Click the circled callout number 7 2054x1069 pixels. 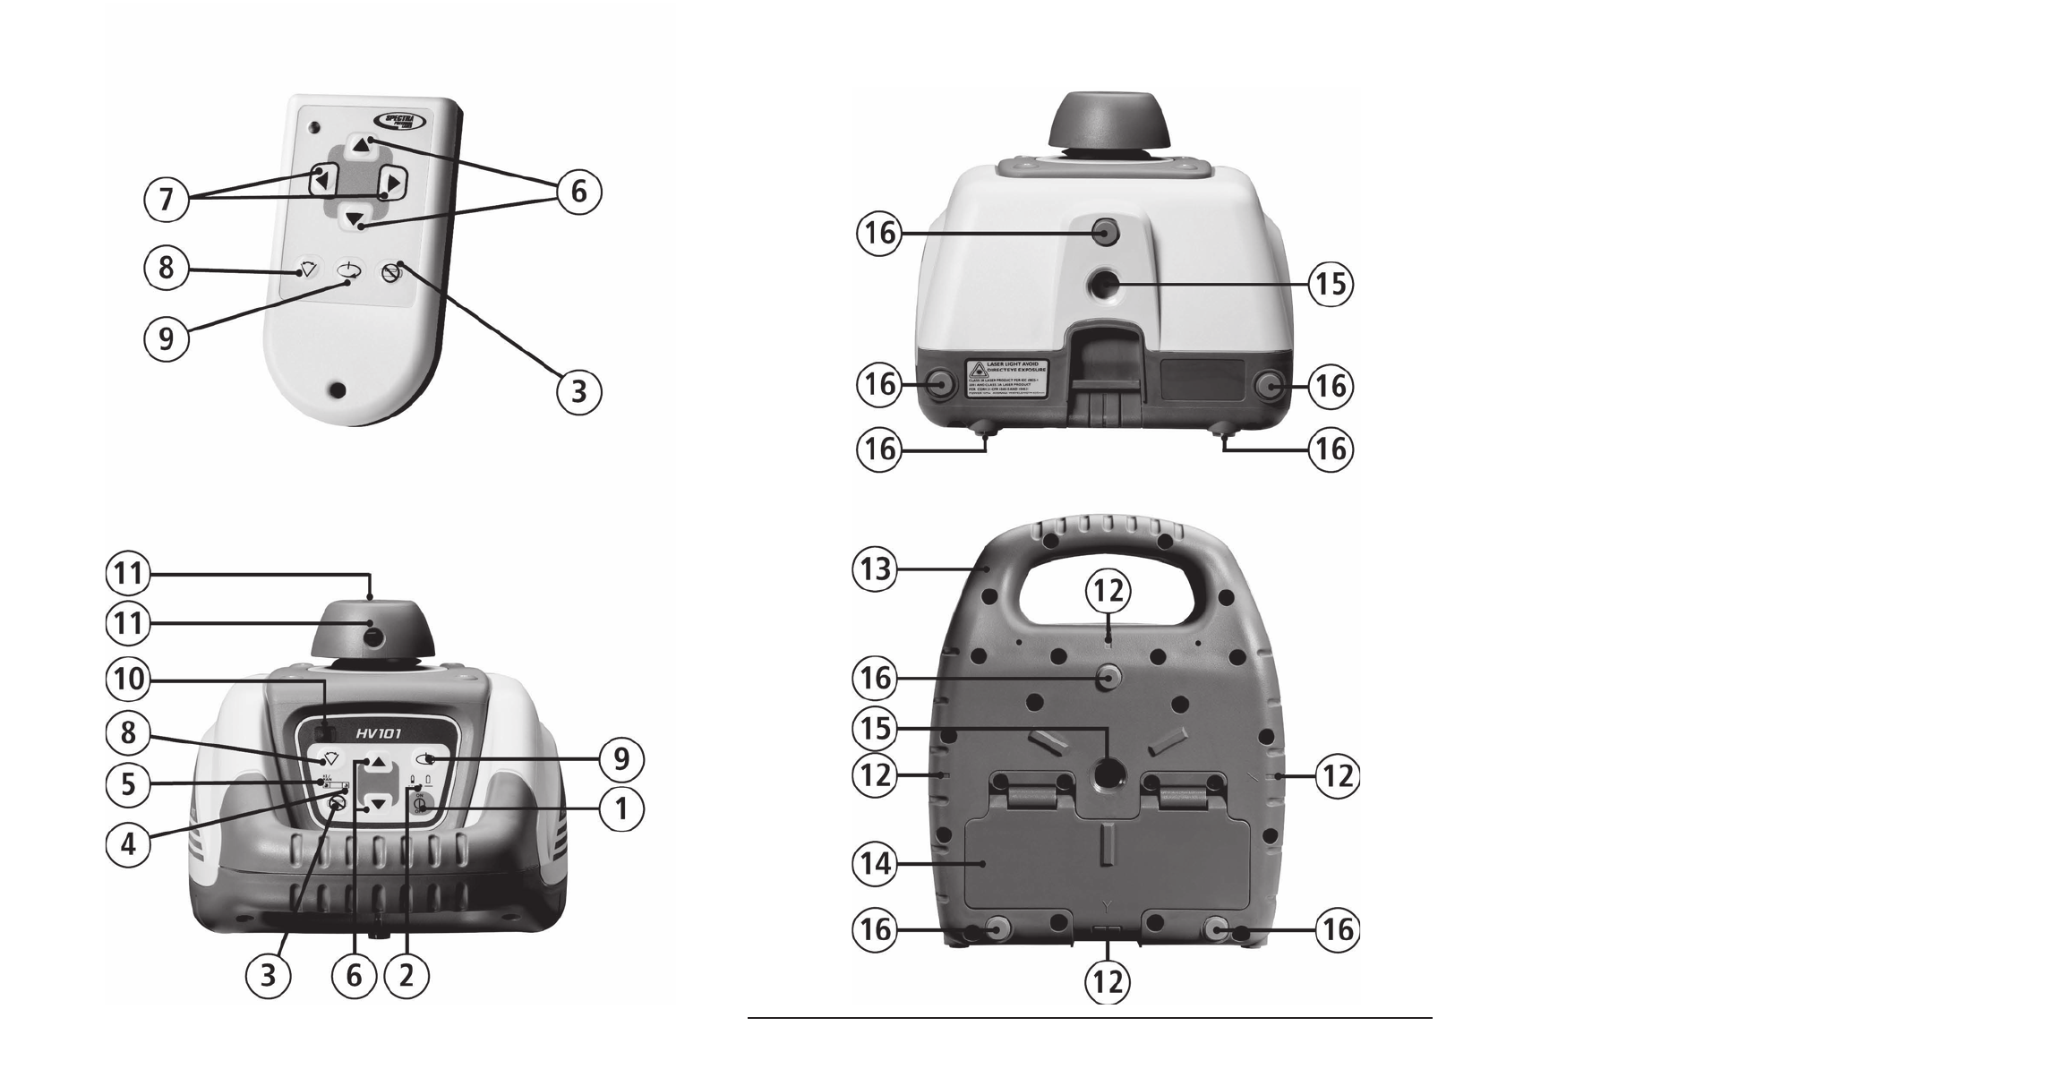pos(166,198)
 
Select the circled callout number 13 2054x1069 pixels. pos(874,569)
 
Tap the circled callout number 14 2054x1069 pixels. pos(874,864)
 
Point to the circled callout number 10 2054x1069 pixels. pos(128,680)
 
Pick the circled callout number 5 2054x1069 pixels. pos(128,784)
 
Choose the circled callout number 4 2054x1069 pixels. pos(128,842)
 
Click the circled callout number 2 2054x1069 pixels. pos(407,976)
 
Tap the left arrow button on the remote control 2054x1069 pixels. pos(322,181)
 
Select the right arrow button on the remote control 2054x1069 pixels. pos(391,182)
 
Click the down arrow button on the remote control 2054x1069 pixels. pos(357,218)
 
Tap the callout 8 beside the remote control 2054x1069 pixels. pos(166,267)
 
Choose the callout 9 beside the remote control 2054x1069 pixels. pos(166,339)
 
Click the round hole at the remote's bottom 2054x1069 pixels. pos(337,390)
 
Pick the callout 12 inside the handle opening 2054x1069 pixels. pos(1108,591)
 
